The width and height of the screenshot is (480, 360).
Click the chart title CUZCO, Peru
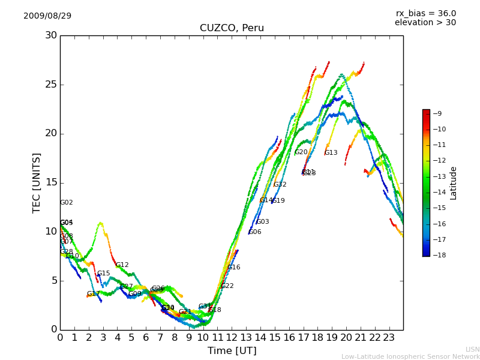[232, 28]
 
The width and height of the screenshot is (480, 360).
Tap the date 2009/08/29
[47, 16]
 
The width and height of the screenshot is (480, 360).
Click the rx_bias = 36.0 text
[425, 13]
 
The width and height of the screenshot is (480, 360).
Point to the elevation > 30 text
[425, 23]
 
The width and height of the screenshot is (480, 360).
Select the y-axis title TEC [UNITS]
[37, 182]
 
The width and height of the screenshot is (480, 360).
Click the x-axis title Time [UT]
[232, 351]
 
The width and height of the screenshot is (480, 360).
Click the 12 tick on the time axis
[232, 338]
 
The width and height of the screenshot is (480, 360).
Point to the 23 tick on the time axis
[389, 338]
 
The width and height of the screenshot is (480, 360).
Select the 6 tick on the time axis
[146, 338]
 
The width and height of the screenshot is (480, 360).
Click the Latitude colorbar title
[454, 183]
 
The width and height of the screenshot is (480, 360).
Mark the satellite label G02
[67, 203]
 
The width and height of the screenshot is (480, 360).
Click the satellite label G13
[331, 153]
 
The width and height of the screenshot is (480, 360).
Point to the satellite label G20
[301, 152]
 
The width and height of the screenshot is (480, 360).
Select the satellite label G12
[122, 265]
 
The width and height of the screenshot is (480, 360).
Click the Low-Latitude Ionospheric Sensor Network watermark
[410, 356]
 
